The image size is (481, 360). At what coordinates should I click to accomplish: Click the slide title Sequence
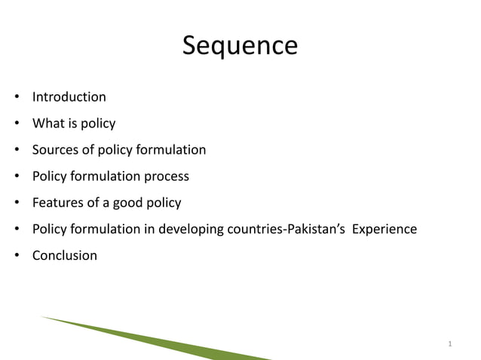tap(240, 47)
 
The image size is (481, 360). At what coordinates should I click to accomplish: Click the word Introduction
tap(69, 97)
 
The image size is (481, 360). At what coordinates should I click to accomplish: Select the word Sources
tap(55, 150)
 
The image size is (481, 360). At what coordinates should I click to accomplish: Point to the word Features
tap(56, 203)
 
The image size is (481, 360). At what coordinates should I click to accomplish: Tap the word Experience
tap(381, 229)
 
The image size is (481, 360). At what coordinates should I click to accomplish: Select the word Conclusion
tap(64, 255)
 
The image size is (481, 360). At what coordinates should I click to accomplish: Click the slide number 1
tap(449, 345)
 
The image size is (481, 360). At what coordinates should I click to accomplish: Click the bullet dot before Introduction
tap(16, 98)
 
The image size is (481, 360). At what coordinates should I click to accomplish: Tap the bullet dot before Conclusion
tap(16, 256)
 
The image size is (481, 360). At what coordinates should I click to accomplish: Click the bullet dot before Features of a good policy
tap(16, 203)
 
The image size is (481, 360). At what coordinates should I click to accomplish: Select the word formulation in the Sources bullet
tap(170, 150)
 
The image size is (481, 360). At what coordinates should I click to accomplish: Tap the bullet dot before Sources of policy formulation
tap(16, 151)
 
